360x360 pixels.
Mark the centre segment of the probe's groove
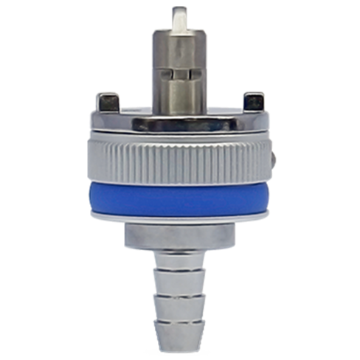coord(179,74)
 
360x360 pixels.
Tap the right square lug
coord(253,100)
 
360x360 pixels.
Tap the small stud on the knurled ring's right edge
coord(274,156)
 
